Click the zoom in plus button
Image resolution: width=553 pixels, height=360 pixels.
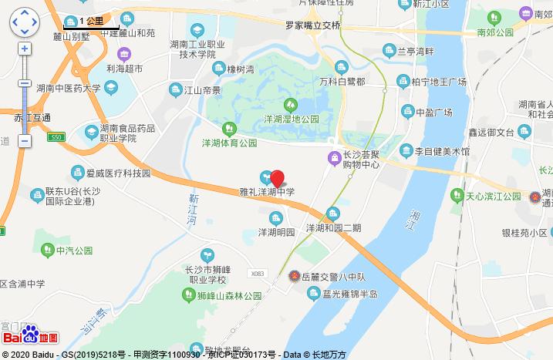click(25, 48)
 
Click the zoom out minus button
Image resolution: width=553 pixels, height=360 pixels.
click(25, 141)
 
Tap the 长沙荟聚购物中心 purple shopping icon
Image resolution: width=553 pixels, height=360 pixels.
click(334, 159)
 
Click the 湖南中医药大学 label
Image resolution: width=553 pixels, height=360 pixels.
click(67, 88)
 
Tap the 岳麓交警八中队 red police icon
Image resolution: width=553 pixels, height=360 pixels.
click(293, 275)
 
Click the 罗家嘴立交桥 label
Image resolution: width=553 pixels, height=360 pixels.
click(312, 25)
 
